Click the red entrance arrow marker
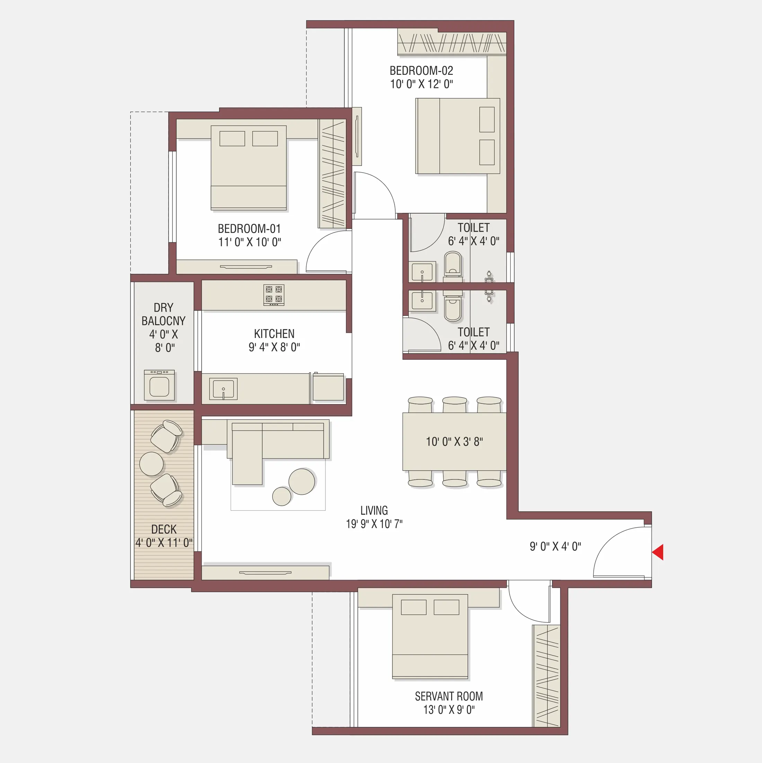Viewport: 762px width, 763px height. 658,552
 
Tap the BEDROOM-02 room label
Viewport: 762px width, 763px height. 421,71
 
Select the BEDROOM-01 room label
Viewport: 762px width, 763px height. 249,229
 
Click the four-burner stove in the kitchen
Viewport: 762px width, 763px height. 274,295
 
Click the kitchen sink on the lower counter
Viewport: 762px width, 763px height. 223,389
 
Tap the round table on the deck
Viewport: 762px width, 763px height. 151,464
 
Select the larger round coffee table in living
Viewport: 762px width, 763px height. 302,481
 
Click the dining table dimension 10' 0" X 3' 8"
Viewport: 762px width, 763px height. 454,441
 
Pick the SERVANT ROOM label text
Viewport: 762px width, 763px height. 449,696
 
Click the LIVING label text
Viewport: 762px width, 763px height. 374,511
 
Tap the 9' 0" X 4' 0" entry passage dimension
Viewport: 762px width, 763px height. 555,546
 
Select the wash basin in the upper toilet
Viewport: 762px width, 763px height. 422,272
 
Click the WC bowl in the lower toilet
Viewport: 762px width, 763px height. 453,309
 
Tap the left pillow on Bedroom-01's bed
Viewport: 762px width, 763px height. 232,139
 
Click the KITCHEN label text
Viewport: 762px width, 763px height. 274,334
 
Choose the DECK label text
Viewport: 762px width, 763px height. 164,529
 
